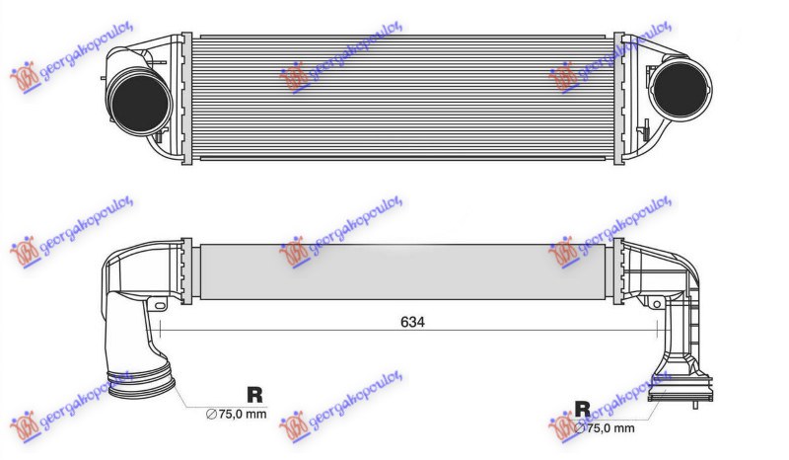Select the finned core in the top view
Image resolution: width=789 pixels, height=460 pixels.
click(x=404, y=100)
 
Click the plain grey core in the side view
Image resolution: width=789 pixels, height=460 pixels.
click(x=404, y=270)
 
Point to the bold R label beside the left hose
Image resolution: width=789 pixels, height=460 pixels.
click(x=254, y=394)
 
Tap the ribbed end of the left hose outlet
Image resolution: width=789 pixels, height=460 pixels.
click(x=140, y=386)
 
